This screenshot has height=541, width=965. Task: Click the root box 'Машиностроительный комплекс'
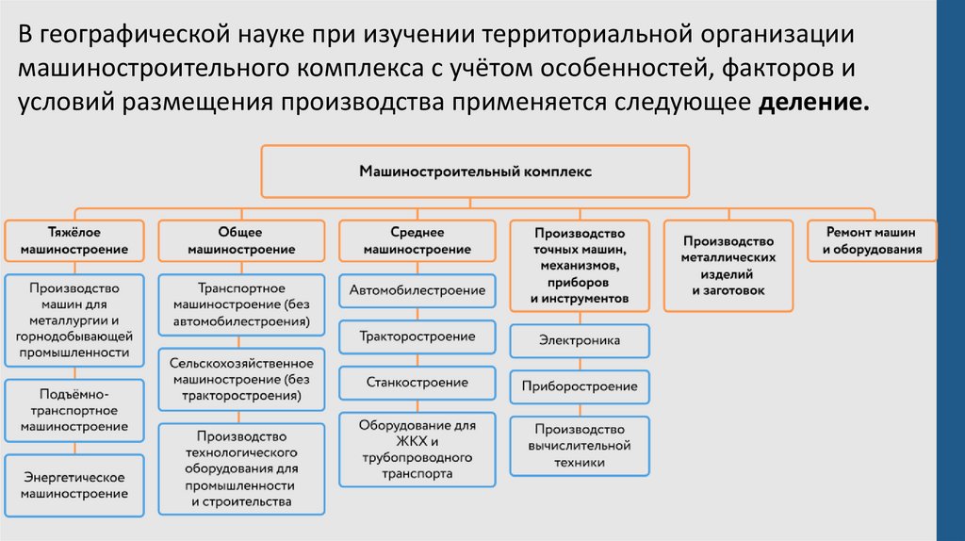tap(475, 172)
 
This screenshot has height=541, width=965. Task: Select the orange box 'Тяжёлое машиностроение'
tap(74, 241)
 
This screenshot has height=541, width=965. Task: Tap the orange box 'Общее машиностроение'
tap(240, 241)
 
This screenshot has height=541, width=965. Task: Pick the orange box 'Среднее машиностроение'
tap(417, 241)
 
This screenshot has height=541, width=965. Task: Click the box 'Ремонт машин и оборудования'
tap(872, 241)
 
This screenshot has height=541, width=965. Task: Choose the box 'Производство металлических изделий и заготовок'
tap(728, 266)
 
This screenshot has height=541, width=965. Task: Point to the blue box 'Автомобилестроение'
tap(417, 290)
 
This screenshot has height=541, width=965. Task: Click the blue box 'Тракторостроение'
tap(417, 336)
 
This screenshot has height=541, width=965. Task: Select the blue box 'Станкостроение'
tap(417, 382)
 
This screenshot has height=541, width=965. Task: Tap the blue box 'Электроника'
tap(580, 340)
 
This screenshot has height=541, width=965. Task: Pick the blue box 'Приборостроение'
tap(580, 386)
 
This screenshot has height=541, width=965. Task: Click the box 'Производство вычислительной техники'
tap(580, 446)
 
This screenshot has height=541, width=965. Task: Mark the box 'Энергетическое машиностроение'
tap(74, 485)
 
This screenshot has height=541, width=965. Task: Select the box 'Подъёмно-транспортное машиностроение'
tap(74, 411)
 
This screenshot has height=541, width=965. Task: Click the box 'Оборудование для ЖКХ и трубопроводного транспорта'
tap(417, 451)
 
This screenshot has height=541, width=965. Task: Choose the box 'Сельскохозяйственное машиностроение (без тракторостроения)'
tap(240, 380)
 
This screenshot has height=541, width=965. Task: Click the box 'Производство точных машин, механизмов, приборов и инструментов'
tap(580, 266)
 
